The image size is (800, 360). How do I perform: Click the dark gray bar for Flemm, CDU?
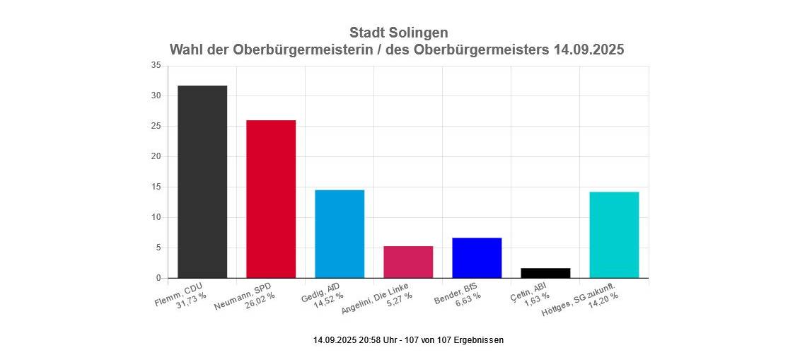[x=202, y=182]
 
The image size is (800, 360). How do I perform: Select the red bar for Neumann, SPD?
[x=271, y=199]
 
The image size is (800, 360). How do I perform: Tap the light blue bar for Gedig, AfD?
[x=340, y=234]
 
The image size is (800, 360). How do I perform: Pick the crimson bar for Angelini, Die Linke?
[x=408, y=262]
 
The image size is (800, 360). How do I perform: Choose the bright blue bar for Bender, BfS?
[x=477, y=258]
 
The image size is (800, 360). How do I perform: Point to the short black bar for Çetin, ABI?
[x=545, y=273]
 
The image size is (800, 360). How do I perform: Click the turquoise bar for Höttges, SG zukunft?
[x=614, y=235]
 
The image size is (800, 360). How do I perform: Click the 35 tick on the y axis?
[x=156, y=66]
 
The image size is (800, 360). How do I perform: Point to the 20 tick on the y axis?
[x=156, y=157]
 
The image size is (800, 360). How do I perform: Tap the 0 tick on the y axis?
[x=158, y=279]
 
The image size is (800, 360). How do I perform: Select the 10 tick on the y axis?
[x=156, y=218]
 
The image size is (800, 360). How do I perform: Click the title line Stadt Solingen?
[x=398, y=33]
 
